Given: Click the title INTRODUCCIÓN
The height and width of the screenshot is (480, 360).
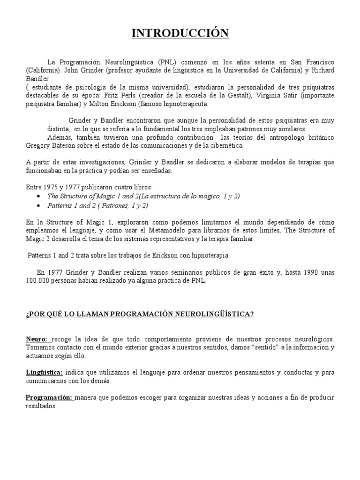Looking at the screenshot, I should [180, 33].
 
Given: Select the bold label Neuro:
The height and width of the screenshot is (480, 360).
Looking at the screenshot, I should [37, 339].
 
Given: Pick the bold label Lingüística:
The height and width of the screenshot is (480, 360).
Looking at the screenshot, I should [44, 372].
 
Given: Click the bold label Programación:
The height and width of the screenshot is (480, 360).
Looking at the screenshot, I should [49, 397].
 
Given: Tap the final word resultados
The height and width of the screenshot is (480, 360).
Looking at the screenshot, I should [40, 406].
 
